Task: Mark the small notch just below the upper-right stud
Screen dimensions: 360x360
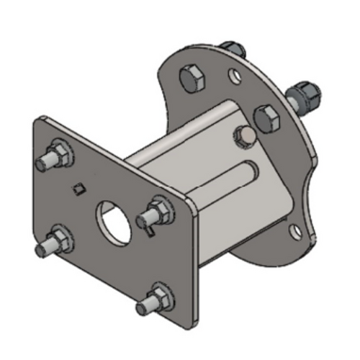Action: point(149,231)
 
